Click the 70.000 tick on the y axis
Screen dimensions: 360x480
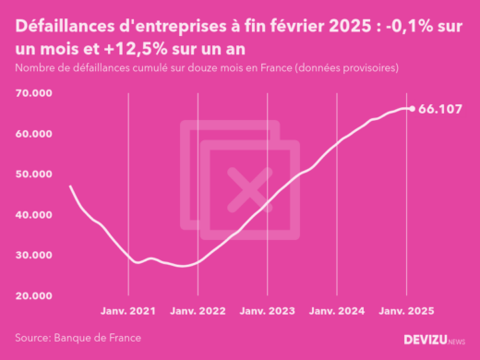pyautogui.click(x=32, y=93)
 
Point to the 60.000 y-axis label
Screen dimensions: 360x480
pyautogui.click(x=32, y=134)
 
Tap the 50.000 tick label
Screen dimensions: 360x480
pyautogui.click(x=32, y=174)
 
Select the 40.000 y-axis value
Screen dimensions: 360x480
pyautogui.click(x=32, y=214)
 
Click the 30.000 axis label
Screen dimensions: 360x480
pyautogui.click(x=32, y=255)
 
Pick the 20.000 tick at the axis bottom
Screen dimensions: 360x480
pyautogui.click(x=32, y=295)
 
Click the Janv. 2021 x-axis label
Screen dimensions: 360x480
pyautogui.click(x=128, y=312)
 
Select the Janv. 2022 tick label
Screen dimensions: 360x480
pyautogui.click(x=198, y=312)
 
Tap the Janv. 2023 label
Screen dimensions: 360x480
pyautogui.click(x=268, y=312)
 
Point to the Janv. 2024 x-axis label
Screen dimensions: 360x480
pyautogui.click(x=337, y=312)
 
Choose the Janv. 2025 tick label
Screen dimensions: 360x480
pyautogui.click(x=407, y=312)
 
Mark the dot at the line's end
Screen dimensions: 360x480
pyautogui.click(x=412, y=108)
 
